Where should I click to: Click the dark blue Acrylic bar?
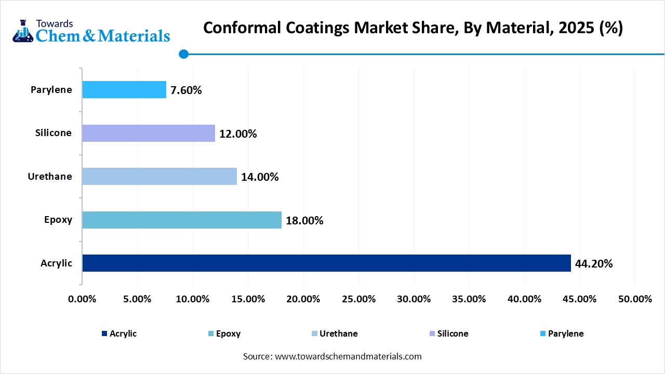(x=326, y=263)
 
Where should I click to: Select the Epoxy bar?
(x=182, y=220)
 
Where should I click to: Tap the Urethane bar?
(x=159, y=177)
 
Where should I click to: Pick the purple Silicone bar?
(x=149, y=133)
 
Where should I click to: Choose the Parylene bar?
(x=124, y=90)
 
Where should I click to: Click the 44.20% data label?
(x=594, y=264)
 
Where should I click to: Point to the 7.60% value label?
(x=186, y=90)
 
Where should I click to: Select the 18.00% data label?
(x=304, y=221)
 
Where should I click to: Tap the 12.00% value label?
(x=238, y=134)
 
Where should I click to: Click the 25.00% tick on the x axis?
(x=358, y=299)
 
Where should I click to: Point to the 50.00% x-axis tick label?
(x=635, y=299)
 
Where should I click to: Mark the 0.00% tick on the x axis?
(x=82, y=299)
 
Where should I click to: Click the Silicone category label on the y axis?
(x=54, y=133)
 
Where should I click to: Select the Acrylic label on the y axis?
(x=57, y=263)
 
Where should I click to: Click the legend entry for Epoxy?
(x=224, y=333)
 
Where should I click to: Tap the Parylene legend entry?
(x=562, y=333)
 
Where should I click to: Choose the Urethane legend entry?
(x=334, y=333)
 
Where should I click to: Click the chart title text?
(x=413, y=28)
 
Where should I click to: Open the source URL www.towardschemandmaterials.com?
(x=347, y=356)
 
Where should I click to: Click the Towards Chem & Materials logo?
(x=91, y=31)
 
